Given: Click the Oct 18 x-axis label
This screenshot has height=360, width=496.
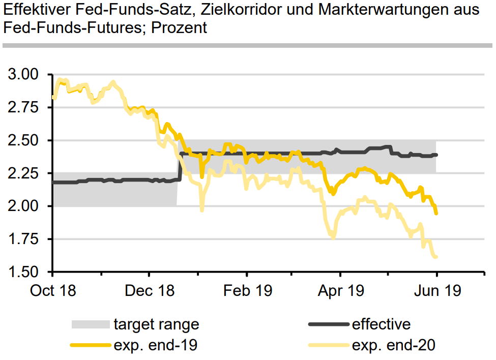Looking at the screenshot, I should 53,291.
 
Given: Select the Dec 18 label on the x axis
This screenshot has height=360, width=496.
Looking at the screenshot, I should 149,291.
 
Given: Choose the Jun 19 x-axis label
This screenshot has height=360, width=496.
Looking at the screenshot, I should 436,291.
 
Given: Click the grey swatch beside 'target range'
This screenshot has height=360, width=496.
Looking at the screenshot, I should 91,324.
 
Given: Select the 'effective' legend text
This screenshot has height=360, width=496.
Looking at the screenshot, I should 381,324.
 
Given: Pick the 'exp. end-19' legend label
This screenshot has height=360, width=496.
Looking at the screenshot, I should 155,345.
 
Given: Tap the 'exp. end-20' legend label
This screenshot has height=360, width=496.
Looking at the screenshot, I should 394,345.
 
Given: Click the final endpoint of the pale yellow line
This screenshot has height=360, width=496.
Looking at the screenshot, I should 436,257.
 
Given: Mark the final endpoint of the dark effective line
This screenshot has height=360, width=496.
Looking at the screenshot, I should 436,155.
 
